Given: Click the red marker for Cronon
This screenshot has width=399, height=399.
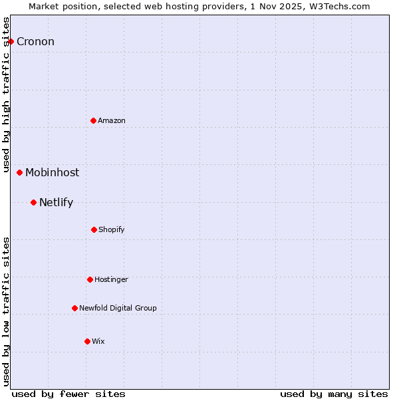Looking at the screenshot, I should point(11,41).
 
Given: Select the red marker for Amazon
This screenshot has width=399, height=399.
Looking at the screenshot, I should point(93,120).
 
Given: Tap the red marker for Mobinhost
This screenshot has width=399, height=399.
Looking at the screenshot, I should point(19,172).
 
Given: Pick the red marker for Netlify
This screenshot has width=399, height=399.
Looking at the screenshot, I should point(33,202).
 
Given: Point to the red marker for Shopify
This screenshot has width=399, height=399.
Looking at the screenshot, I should point(94,229).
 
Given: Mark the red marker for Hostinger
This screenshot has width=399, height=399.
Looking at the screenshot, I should point(90,279).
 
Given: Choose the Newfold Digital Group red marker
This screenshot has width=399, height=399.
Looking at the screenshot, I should point(74,308).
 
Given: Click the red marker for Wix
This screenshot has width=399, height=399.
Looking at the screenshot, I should point(87,341).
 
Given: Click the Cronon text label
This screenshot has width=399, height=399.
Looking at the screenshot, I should point(35,42).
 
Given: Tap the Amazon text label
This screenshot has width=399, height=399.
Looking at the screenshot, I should point(112,120).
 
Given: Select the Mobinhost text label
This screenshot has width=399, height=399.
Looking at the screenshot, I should point(52,173).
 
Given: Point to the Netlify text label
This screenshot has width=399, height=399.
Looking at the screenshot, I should point(56,203).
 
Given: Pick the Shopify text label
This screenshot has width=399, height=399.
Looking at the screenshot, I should point(112,229).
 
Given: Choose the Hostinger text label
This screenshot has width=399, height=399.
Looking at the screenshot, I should point(111,279).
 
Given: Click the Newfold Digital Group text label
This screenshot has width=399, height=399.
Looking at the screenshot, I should point(118,308).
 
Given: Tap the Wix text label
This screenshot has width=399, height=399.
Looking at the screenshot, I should point(98,341).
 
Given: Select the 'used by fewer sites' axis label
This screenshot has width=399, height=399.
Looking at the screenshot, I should point(68,394).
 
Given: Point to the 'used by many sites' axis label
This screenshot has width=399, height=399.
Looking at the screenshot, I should point(334,394).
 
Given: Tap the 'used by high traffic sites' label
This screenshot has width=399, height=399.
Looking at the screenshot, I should point(6,93).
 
